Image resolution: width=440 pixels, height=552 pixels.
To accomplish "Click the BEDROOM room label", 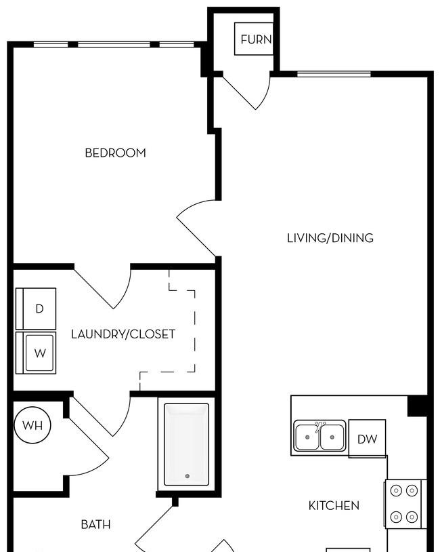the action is [115, 153].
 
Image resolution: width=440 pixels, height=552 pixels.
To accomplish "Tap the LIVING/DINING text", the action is [330, 238].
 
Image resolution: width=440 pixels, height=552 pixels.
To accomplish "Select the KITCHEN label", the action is [334, 506].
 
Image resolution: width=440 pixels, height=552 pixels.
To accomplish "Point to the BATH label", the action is [95, 525].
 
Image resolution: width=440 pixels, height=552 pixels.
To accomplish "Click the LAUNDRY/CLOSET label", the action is [123, 334].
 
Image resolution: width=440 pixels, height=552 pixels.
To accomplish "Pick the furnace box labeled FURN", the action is [254, 39].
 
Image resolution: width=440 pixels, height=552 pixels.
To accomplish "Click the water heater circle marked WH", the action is [32, 425].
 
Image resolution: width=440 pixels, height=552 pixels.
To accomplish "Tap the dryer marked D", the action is [36, 309].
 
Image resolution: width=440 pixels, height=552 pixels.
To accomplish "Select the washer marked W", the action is [36, 353].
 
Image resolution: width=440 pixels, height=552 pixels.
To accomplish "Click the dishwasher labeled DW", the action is [368, 439].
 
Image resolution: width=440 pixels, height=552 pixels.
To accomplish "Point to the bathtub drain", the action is [188, 476].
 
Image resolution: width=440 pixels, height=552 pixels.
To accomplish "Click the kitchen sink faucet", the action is [320, 426].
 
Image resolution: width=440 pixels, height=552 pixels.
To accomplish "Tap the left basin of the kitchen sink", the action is [307, 437].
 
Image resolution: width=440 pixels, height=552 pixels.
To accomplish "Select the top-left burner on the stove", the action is [397, 490].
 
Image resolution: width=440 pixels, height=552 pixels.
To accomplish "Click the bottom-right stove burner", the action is [412, 517].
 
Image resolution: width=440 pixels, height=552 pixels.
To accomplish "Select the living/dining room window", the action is [334, 74].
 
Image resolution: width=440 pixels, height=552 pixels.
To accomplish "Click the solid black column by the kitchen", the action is [418, 406].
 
